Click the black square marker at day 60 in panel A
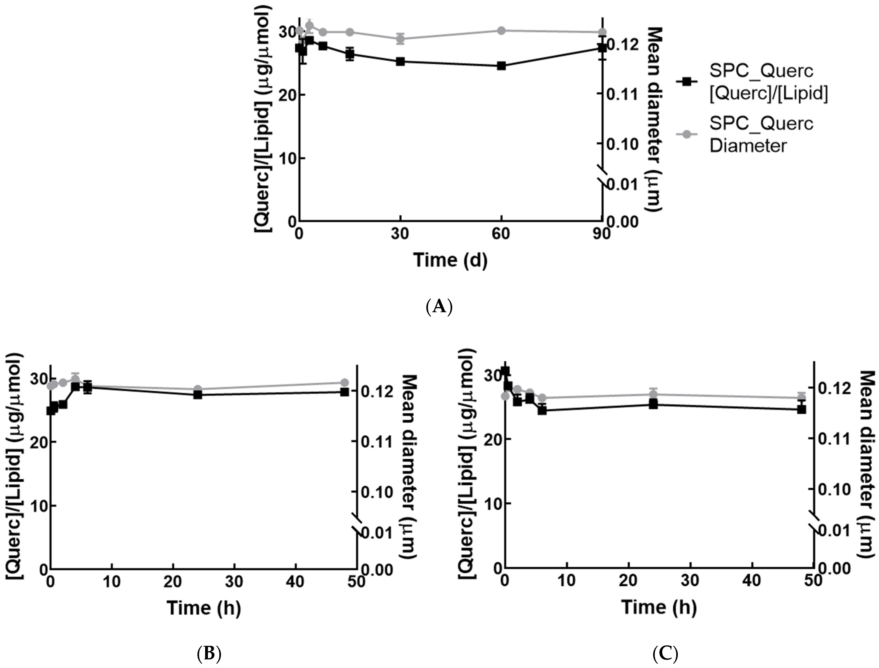tap(501, 66)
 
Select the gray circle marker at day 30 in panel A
tap(400, 38)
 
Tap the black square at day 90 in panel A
tap(602, 47)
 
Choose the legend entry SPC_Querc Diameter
tap(760, 135)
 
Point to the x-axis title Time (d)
tap(450, 260)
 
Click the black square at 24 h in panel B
tap(198, 395)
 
